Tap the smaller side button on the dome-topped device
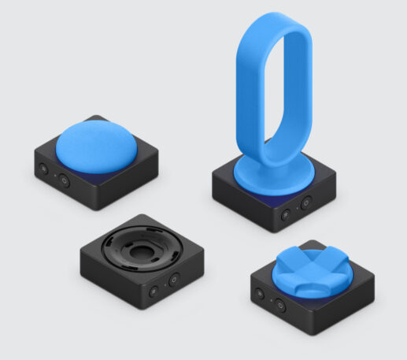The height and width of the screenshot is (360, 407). click(x=44, y=168)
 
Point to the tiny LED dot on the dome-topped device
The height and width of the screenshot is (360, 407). click(x=54, y=176)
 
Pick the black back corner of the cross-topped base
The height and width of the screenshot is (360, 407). click(x=316, y=243)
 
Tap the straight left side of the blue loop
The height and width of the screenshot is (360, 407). click(x=237, y=87)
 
